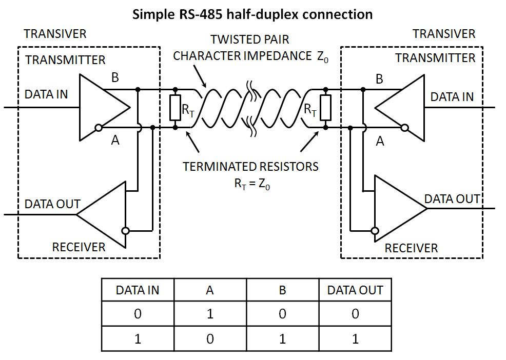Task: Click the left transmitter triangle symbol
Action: [x=100, y=108]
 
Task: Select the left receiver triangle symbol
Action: [x=105, y=215]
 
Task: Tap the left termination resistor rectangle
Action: [x=175, y=108]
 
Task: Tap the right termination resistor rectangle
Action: [x=325, y=108]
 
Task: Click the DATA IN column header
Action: [x=138, y=290]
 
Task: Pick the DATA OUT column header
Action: [x=355, y=290]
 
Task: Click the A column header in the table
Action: [x=210, y=290]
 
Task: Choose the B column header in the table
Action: [x=282, y=290]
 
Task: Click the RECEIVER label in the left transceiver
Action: [x=79, y=247]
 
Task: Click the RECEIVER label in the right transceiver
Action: [x=411, y=248]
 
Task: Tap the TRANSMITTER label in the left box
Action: [x=65, y=60]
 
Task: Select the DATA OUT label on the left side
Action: [x=52, y=204]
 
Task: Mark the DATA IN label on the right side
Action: [x=452, y=96]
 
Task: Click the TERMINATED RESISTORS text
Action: [x=250, y=167]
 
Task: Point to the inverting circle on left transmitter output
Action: [x=98, y=128]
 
